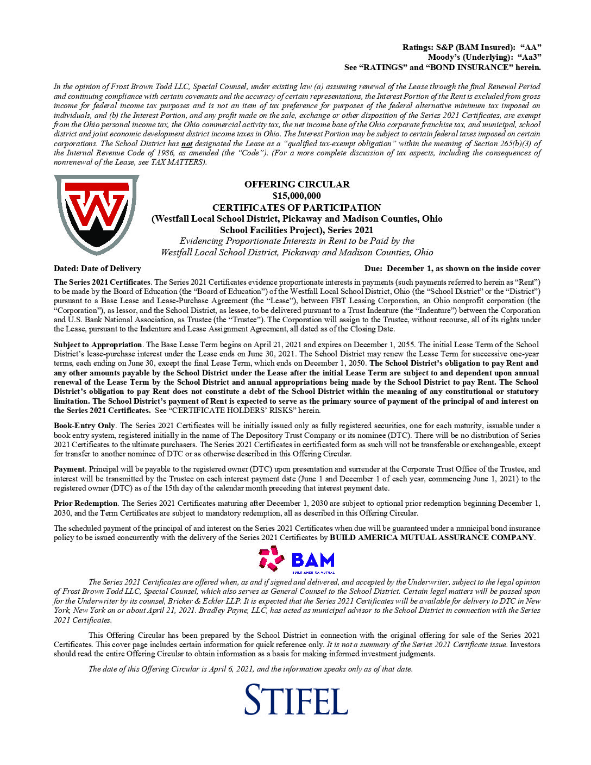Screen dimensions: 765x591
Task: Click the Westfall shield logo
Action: click(x=97, y=214)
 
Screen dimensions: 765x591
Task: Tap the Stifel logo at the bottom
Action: click(x=296, y=699)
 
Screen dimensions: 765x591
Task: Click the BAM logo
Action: click(x=297, y=560)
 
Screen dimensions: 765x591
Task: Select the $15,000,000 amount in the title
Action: click(x=297, y=196)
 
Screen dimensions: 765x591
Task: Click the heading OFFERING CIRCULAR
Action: click(x=297, y=184)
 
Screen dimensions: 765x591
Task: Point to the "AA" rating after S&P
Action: click(x=530, y=48)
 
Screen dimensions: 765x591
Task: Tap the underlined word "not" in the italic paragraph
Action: click(x=187, y=144)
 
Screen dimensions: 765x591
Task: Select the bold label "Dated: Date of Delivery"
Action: click(x=97, y=268)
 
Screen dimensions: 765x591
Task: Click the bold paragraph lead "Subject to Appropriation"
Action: click(x=98, y=344)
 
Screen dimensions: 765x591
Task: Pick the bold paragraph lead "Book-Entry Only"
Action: click(x=84, y=426)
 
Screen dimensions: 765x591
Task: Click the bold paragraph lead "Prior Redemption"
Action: click(x=85, y=504)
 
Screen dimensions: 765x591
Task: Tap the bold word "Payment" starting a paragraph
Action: click(x=69, y=469)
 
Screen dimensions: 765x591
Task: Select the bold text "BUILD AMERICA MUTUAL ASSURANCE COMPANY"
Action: click(x=432, y=537)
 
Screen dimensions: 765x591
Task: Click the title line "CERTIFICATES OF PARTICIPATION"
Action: click(x=297, y=208)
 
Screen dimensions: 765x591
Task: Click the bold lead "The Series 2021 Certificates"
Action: click(x=102, y=282)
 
